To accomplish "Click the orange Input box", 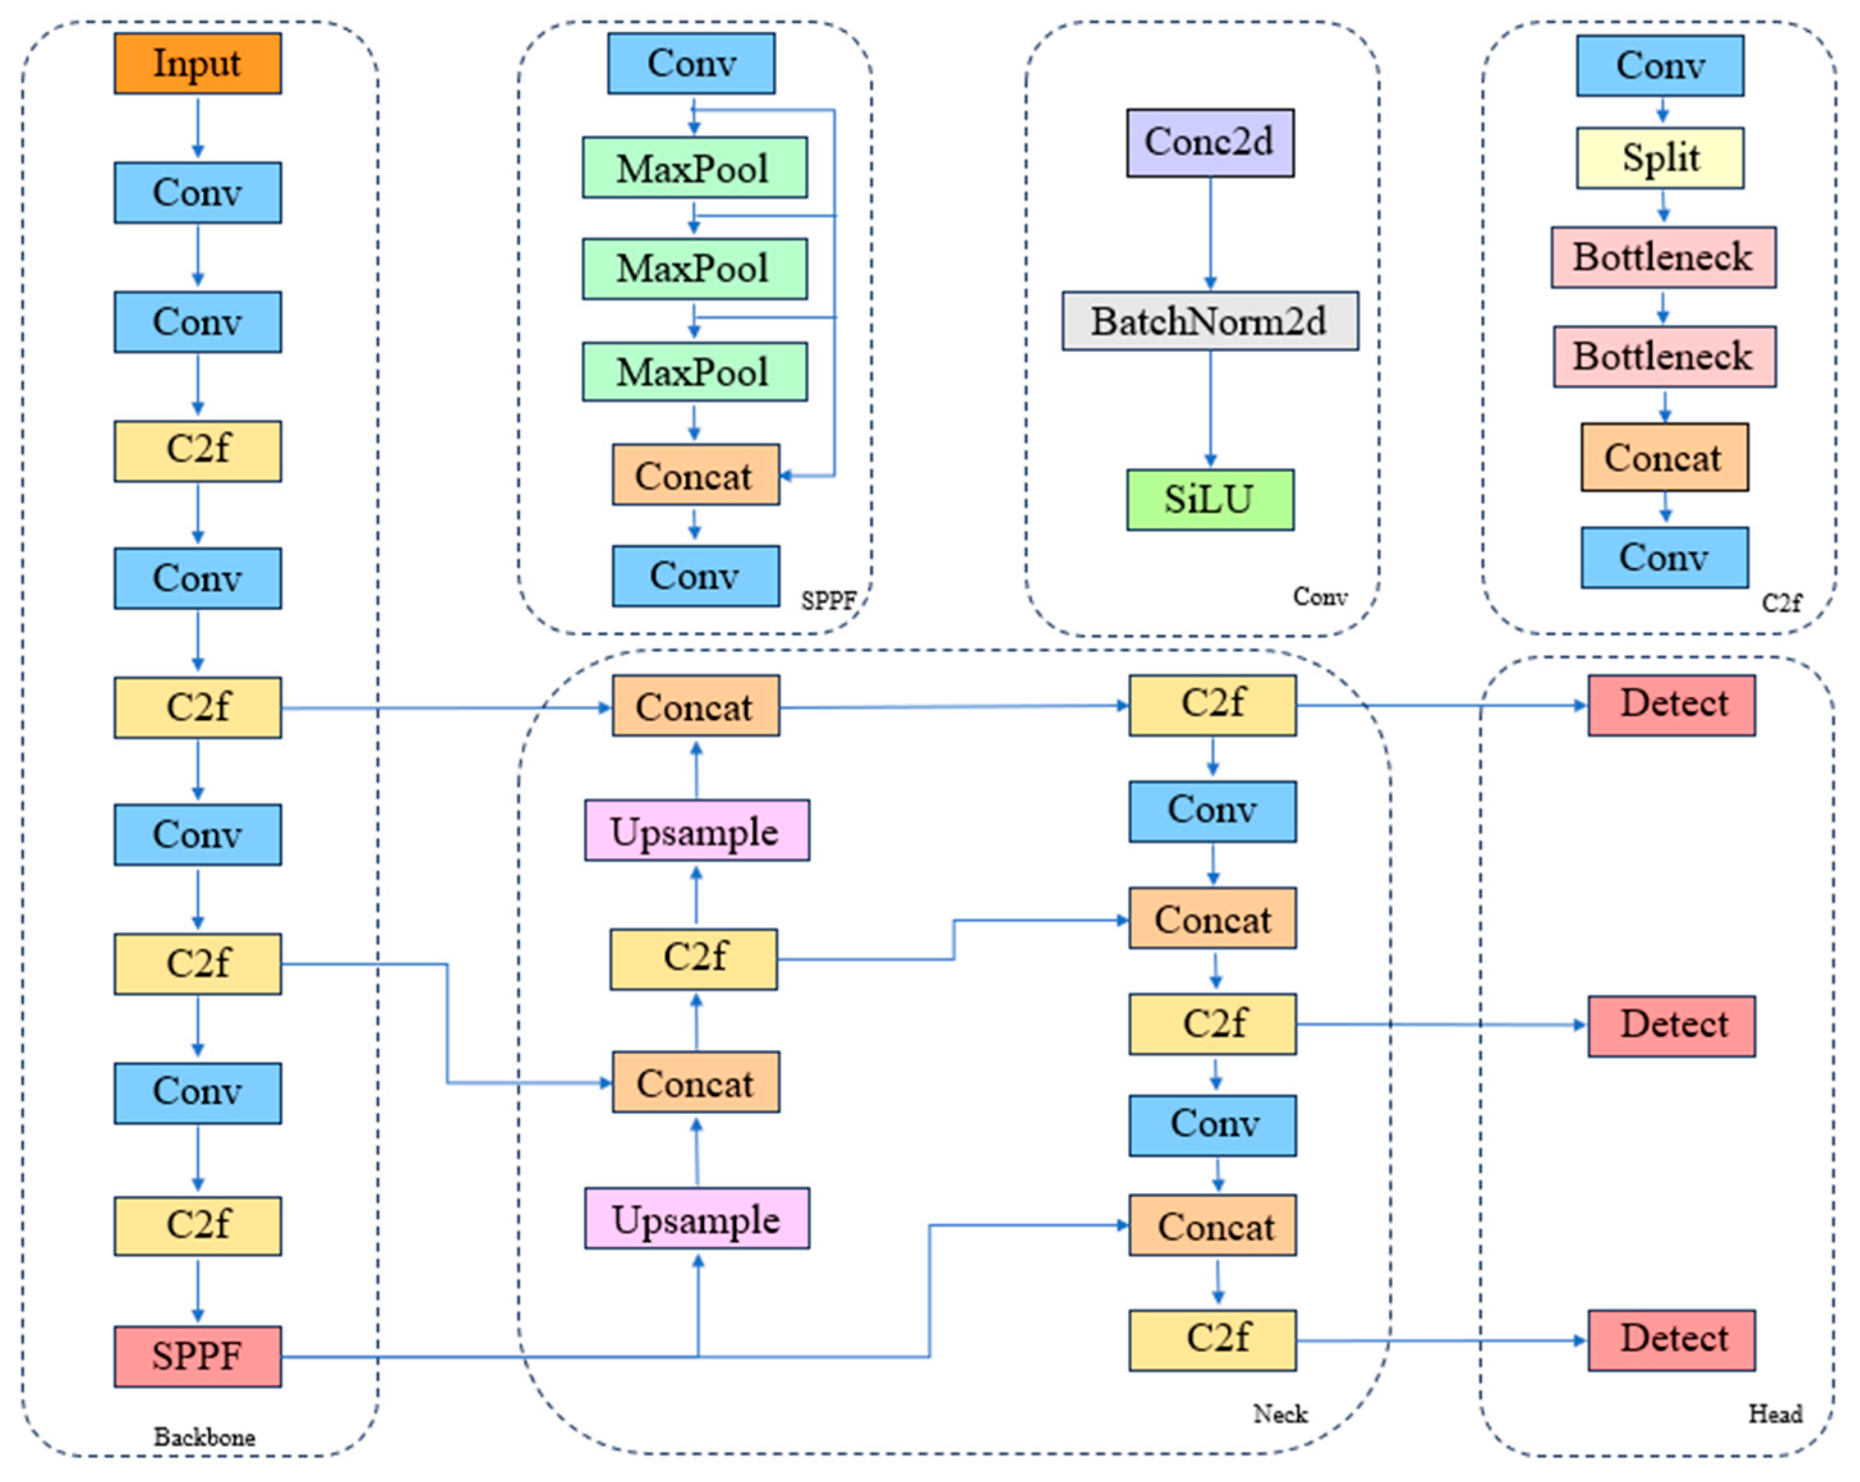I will [197, 63].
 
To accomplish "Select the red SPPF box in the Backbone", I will [197, 1356].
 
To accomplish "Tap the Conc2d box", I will [1210, 142].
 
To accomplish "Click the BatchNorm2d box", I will [1210, 321].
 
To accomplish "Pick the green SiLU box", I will [1210, 500].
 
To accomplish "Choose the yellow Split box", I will [1660, 158].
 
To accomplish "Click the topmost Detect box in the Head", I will [1671, 705].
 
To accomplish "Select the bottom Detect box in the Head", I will [1671, 1340].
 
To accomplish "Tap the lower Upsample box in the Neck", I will [696, 1218].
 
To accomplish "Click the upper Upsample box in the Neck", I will [696, 830].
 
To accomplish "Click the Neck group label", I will [1280, 1414].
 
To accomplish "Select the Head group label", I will [1774, 1414].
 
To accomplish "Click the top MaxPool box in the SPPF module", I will [694, 167].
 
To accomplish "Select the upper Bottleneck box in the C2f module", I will [1663, 257].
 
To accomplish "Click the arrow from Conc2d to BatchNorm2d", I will [1210, 233].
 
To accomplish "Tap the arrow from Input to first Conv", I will [197, 127].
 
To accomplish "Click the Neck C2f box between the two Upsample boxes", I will [694, 958].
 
